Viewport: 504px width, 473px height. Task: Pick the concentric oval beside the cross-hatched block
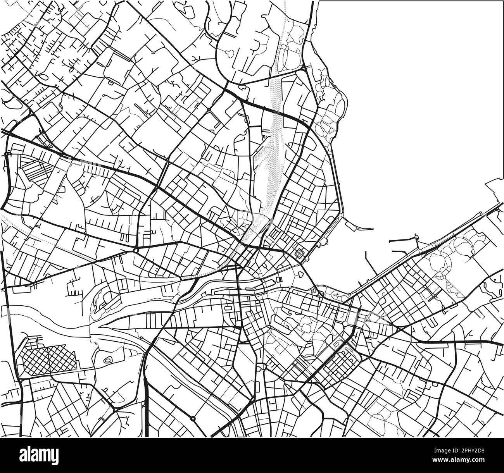[x=107, y=360]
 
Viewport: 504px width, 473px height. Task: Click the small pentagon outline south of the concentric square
[x=301, y=273]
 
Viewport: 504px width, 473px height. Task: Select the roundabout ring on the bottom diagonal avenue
[x=193, y=418]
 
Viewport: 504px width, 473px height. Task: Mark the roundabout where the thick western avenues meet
[x=135, y=251]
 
